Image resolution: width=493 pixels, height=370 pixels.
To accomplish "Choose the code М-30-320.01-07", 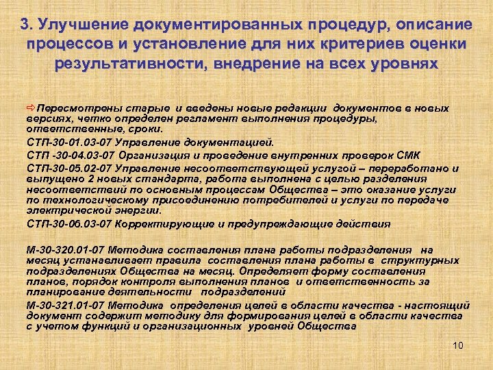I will tap(67, 251).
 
